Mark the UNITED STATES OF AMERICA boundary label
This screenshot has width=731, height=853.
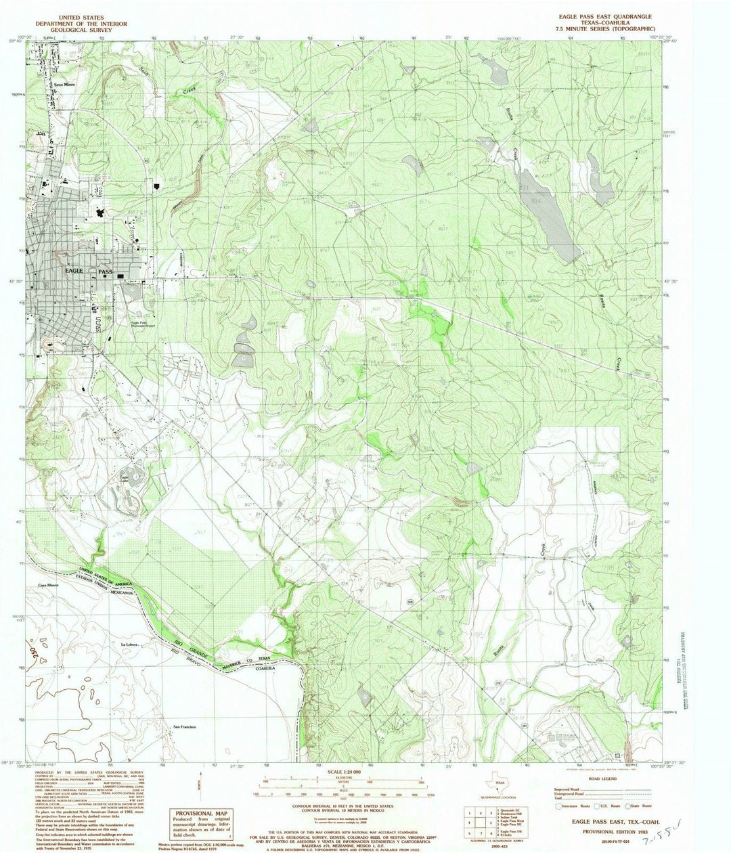click(108, 575)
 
